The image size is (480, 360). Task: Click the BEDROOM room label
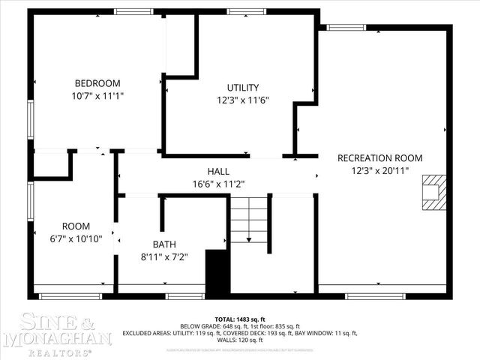tap(97, 83)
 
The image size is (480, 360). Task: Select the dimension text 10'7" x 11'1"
tap(97, 96)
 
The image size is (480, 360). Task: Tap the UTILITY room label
tap(243, 88)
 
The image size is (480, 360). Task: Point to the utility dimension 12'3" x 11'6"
tap(243, 100)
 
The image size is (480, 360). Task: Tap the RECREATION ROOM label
tap(379, 158)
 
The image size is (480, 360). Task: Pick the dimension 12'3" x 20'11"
tap(379, 171)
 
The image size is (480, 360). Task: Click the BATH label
tap(164, 244)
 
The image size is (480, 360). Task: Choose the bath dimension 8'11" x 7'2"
tap(164, 256)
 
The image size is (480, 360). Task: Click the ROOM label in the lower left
tap(76, 226)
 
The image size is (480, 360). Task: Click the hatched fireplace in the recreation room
tap(433, 192)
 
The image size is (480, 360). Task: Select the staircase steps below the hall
tap(248, 220)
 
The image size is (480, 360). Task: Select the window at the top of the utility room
tap(241, 11)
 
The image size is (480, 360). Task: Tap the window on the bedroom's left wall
tap(30, 120)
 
